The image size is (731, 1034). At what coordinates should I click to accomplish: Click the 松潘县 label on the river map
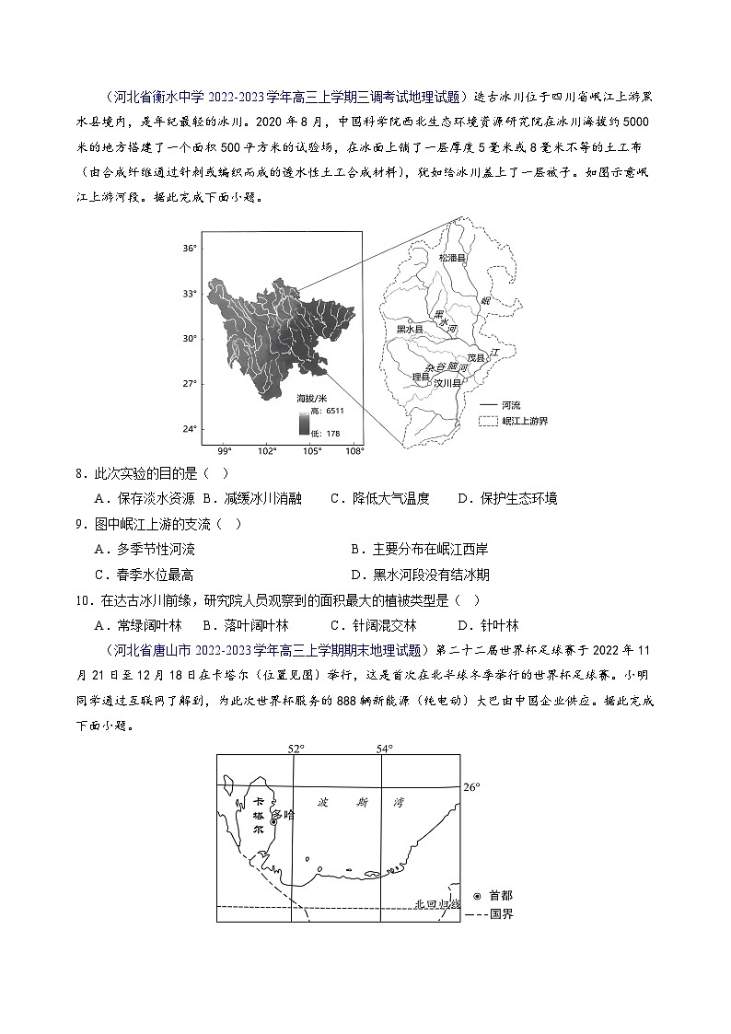(454, 259)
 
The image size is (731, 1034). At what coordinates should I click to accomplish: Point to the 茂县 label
(475, 357)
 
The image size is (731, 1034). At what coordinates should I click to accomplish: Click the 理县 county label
(420, 377)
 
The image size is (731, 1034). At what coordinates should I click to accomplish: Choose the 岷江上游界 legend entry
(525, 420)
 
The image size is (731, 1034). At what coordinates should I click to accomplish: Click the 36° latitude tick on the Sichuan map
(188, 249)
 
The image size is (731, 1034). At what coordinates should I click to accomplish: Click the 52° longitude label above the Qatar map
(295, 749)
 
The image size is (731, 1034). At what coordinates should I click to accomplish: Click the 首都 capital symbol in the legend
(477, 896)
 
